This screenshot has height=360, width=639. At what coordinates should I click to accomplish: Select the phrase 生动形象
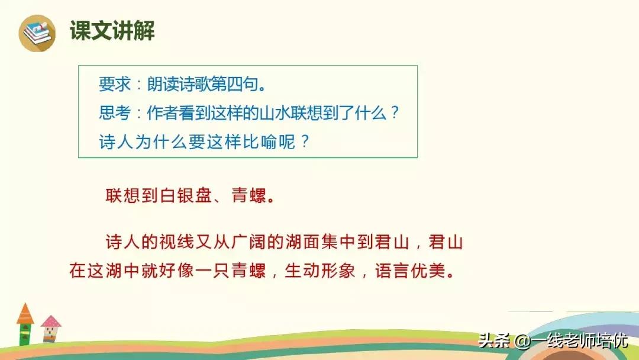319,271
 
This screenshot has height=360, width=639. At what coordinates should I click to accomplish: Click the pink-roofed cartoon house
50,328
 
